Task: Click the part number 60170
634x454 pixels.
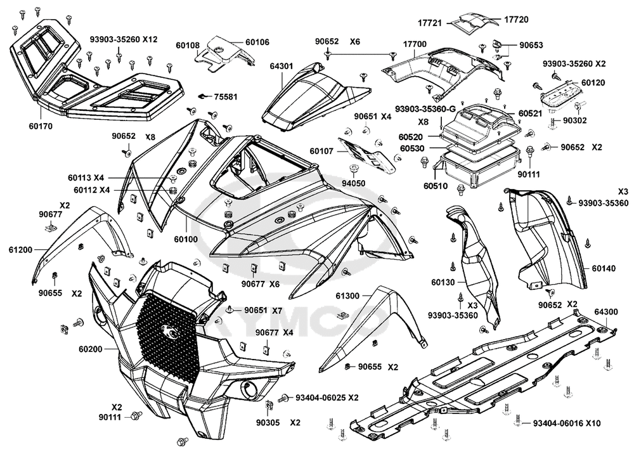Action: point(41,126)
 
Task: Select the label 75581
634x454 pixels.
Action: point(226,97)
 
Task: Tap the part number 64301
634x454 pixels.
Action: point(281,67)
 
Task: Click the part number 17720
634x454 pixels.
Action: point(516,20)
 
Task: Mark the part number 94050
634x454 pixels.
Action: point(353,183)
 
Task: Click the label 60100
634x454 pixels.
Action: point(186,239)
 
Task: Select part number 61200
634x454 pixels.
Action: point(20,250)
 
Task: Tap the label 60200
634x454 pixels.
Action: point(91,349)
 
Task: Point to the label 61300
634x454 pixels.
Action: point(347,296)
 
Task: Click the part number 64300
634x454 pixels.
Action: point(606,312)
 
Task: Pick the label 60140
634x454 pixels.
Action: point(604,268)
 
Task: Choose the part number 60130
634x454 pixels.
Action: point(443,283)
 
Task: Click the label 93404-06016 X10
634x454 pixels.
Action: point(567,424)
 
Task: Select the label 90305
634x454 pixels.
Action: point(268,422)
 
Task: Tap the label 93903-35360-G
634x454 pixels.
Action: point(425,109)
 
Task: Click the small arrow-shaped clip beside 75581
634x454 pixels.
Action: point(205,96)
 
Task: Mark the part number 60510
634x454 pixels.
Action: point(436,186)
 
